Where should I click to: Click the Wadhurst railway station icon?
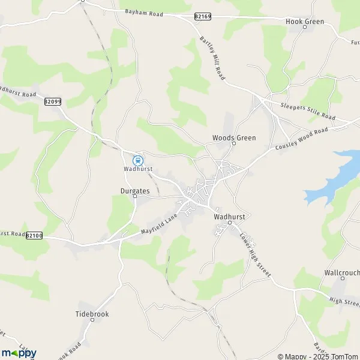click(x=138, y=160)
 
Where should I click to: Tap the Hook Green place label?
click(x=304, y=22)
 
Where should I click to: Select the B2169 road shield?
click(x=202, y=17)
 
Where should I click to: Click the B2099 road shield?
click(x=53, y=101)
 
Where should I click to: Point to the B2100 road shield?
click(x=35, y=236)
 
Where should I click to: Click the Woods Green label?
click(x=234, y=137)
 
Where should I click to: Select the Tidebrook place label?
click(x=92, y=314)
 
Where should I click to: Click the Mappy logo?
click(x=19, y=353)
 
